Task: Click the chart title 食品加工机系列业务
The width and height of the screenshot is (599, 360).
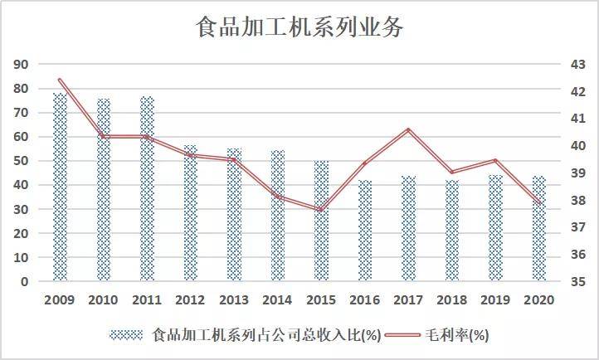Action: (x=299, y=27)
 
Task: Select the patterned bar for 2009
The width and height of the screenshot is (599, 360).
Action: (x=61, y=187)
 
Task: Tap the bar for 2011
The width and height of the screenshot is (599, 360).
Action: (x=147, y=189)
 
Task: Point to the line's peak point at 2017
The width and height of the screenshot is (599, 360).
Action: (x=408, y=129)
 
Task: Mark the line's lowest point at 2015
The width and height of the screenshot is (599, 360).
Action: (x=321, y=209)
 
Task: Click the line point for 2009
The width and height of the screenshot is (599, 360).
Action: (x=61, y=80)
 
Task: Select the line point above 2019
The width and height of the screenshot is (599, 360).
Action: (x=495, y=160)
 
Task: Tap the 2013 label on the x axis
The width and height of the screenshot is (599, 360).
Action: (x=234, y=300)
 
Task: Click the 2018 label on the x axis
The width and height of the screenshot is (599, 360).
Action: (x=452, y=300)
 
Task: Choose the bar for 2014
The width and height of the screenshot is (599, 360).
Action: (x=278, y=216)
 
